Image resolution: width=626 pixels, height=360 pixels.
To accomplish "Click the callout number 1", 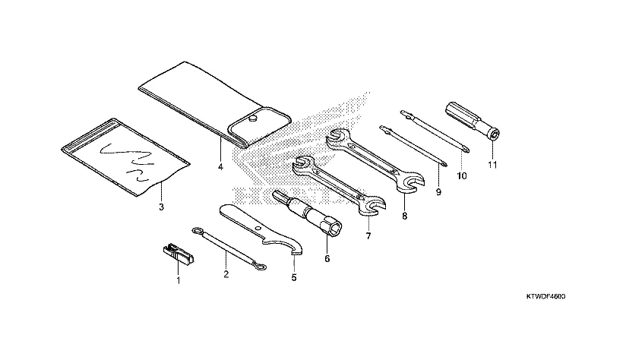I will tap(179, 280).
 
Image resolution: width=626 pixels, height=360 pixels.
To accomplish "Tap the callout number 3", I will tap(160, 207).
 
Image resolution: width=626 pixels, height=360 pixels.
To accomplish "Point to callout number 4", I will tap(220, 166).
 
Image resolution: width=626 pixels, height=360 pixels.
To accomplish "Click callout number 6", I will tap(327, 259).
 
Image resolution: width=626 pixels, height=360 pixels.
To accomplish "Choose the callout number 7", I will tap(368, 236).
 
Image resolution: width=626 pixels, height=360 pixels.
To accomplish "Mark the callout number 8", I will tap(404, 216).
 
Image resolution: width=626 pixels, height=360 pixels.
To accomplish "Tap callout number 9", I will tap(438, 194).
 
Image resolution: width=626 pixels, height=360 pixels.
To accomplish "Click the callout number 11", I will tap(492, 165).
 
